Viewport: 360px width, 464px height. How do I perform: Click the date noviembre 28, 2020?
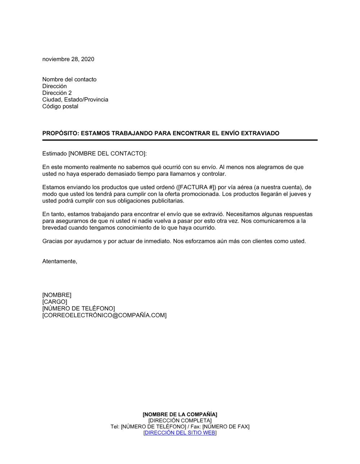pyautogui.click(x=68, y=59)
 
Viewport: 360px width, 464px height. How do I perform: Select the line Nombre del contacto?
pyautogui.click(x=69, y=79)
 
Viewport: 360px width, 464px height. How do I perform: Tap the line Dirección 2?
pyautogui.click(x=57, y=93)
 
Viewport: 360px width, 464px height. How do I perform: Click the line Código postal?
pyautogui.click(x=60, y=106)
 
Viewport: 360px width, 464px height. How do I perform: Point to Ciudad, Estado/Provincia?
pyautogui.click(x=75, y=100)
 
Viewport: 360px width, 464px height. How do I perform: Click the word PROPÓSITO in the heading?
pyautogui.click(x=60, y=133)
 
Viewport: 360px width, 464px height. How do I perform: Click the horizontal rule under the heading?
pyautogui.click(x=180, y=140)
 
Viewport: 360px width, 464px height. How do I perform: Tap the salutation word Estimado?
pyautogui.click(x=54, y=154)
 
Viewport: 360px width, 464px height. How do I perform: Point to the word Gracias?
pyautogui.click(x=53, y=241)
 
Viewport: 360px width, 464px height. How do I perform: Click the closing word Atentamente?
pyautogui.click(x=59, y=261)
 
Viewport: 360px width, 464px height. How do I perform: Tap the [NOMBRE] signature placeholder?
pyautogui.click(x=57, y=295)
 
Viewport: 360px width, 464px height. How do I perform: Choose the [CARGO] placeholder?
pyautogui.click(x=55, y=302)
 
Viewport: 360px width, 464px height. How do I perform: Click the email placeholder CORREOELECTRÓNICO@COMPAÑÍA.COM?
pyautogui.click(x=104, y=315)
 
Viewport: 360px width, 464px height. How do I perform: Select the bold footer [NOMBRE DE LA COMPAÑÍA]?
pyautogui.click(x=180, y=414)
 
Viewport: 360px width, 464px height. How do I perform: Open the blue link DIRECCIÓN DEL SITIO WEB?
pyautogui.click(x=180, y=433)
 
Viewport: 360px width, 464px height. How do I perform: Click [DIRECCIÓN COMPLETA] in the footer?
pyautogui.click(x=180, y=420)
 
